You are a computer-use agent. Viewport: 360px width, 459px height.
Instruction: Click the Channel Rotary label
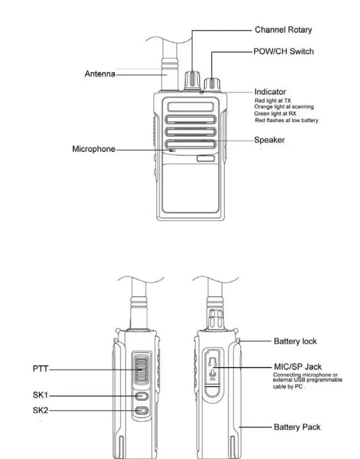pyautogui.click(x=283, y=30)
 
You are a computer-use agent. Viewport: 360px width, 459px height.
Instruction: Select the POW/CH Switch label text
pyautogui.click(x=283, y=51)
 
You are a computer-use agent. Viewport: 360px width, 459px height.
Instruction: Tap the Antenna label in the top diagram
pyautogui.click(x=100, y=74)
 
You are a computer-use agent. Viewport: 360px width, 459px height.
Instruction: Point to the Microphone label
pyautogui.click(x=93, y=149)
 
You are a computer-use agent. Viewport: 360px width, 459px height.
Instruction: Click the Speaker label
pyautogui.click(x=269, y=140)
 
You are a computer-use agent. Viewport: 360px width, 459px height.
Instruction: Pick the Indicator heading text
pyautogui.click(x=270, y=92)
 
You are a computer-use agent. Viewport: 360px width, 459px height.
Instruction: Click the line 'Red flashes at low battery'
pyautogui.click(x=287, y=121)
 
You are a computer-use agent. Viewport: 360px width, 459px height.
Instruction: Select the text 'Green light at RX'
pyautogui.click(x=275, y=113)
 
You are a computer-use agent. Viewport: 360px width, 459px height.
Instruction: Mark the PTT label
pyautogui.click(x=40, y=369)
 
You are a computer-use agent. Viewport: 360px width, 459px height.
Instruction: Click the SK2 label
pyautogui.click(x=40, y=411)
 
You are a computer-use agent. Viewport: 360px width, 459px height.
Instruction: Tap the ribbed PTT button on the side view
pyautogui.click(x=140, y=370)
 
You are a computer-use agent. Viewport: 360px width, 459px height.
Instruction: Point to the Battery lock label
pyautogui.click(x=295, y=342)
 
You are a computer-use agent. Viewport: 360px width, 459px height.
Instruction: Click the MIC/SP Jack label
pyautogui.click(x=297, y=367)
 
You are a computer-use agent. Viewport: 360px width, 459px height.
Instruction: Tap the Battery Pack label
pyautogui.click(x=297, y=427)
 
